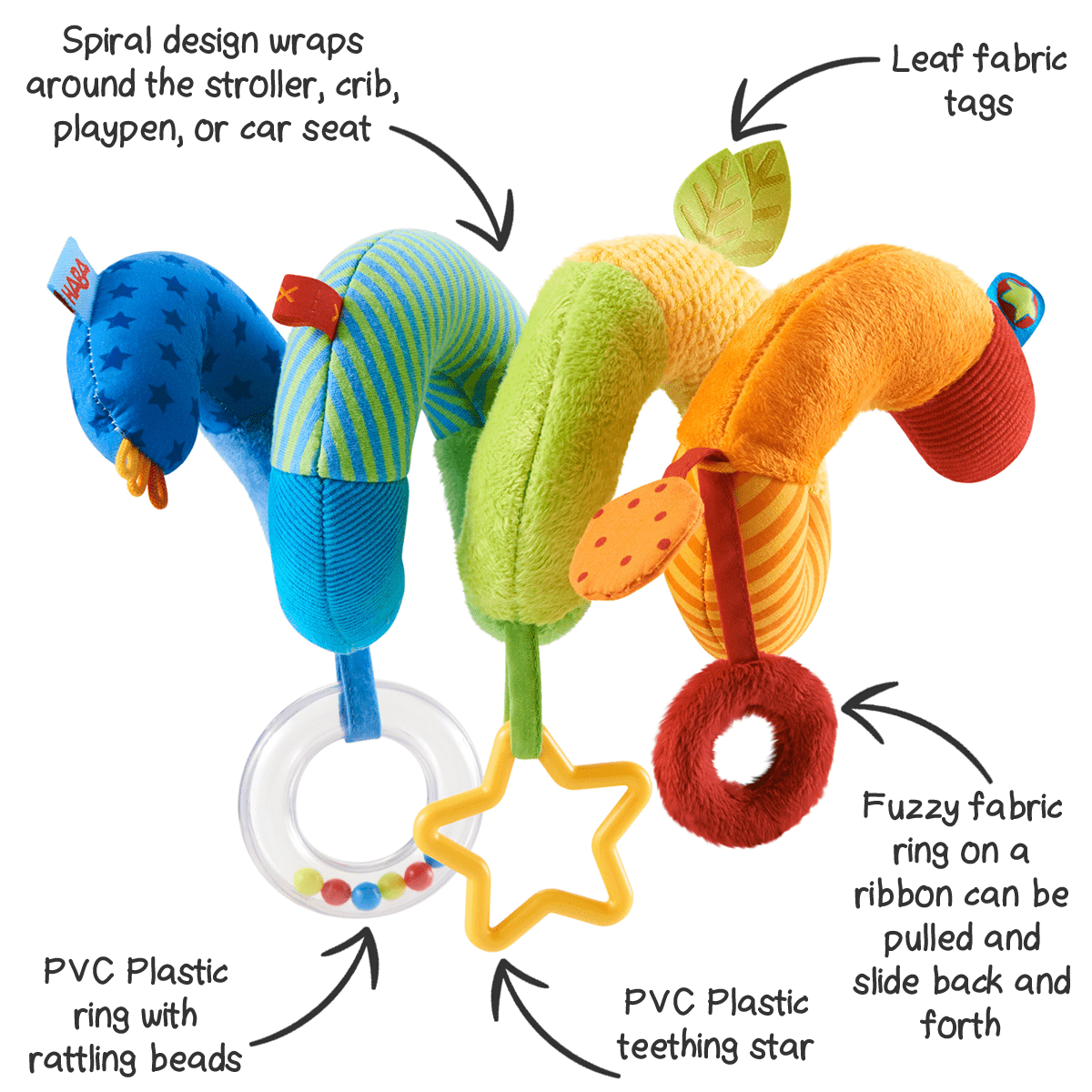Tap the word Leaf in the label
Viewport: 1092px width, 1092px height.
pyautogui.click(x=926, y=60)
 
